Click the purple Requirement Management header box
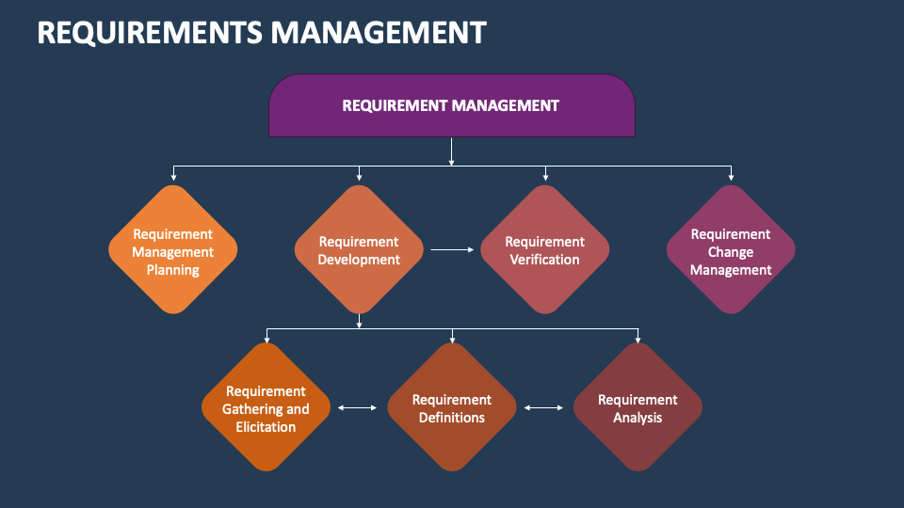[x=451, y=105]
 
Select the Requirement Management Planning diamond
[x=172, y=249]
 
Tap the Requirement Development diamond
[x=359, y=249]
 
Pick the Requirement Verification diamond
[x=544, y=249]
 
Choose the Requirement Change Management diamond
[x=731, y=249]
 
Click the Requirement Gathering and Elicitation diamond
[x=266, y=407]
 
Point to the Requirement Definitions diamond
[x=452, y=407]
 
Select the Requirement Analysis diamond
[x=638, y=407]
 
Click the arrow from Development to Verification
[x=452, y=250]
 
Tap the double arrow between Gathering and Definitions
[x=357, y=407]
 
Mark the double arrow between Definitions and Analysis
[x=543, y=407]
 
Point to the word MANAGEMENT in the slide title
[x=378, y=33]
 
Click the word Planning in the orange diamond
[x=172, y=270]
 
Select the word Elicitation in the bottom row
[x=266, y=427]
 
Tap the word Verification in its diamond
[x=544, y=260]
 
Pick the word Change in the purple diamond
[x=731, y=252]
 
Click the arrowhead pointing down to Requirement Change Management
[x=731, y=176]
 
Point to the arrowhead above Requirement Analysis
[x=638, y=338]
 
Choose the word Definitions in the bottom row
[x=452, y=418]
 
